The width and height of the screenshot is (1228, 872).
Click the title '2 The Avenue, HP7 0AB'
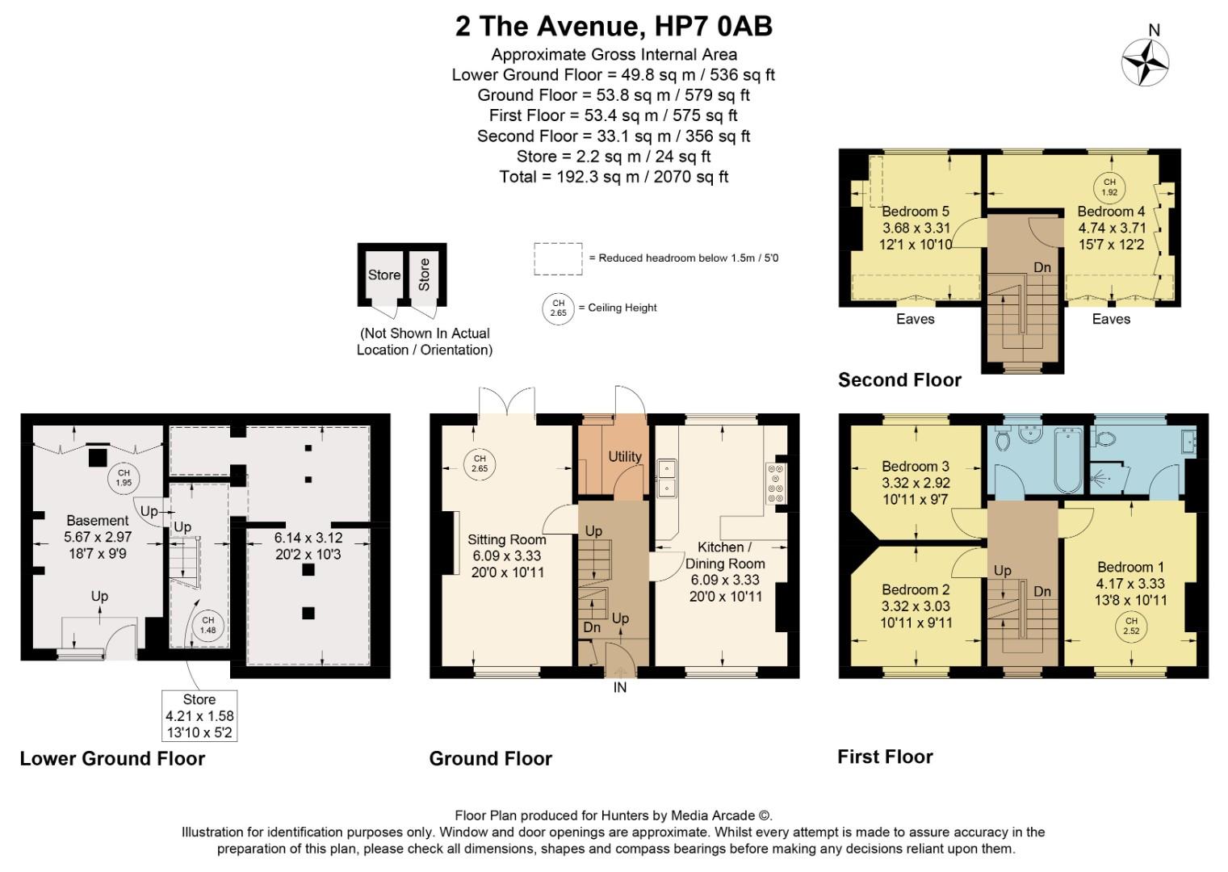(x=614, y=27)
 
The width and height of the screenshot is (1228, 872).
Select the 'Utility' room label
(x=624, y=456)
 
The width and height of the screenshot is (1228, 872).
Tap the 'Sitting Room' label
(x=506, y=539)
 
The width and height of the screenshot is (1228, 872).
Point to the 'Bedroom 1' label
(x=1130, y=567)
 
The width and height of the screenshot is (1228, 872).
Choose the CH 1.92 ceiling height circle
(x=1109, y=187)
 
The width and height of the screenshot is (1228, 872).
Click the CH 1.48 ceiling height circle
(x=207, y=625)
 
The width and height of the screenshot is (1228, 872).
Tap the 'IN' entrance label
(x=619, y=688)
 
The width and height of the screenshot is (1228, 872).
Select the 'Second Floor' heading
(x=899, y=380)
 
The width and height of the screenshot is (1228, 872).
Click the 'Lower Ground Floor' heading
(x=112, y=759)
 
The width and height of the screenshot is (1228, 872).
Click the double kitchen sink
(x=667, y=478)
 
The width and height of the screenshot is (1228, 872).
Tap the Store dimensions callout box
(x=199, y=715)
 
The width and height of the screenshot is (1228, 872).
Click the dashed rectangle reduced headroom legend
(x=557, y=258)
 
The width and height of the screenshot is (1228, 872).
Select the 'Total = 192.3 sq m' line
(x=614, y=177)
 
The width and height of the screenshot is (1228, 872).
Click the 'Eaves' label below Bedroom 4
(x=1111, y=319)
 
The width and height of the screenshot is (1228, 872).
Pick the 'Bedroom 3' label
(x=915, y=466)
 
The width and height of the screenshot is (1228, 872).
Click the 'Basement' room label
(x=97, y=520)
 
